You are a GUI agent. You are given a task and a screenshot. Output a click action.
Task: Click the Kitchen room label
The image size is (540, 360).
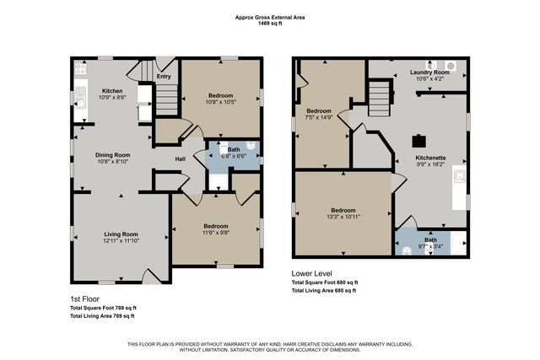pos(112,91)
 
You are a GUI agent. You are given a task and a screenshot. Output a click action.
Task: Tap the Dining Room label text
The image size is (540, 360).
pos(111,155)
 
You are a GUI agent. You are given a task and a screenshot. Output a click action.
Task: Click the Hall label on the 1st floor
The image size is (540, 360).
pos(180,159)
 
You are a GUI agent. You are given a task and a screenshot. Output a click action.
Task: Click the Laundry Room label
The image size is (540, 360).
pos(429,73)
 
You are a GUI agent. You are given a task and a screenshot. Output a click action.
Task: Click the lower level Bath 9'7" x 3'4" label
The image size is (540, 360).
pos(430,242)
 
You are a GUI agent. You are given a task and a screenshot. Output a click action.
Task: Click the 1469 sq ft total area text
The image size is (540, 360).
pos(270,24)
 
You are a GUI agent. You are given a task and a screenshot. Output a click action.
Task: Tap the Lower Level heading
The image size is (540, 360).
pos(312,273)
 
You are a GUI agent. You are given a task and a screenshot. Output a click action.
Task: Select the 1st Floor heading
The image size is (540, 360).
pos(85,298)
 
